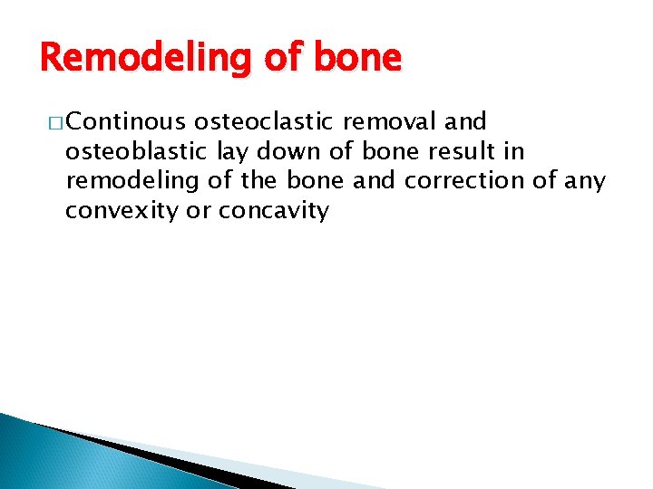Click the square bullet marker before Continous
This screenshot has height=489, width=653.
(53, 122)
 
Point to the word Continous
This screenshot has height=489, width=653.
(125, 121)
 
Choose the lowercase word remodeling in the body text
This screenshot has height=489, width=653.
(132, 181)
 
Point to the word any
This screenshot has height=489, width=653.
(585, 181)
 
